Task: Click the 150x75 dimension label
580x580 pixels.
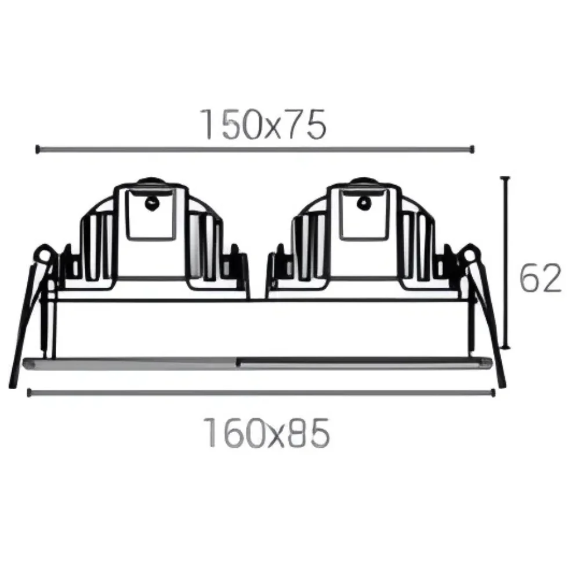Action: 263,124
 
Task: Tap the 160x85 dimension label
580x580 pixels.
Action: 266,433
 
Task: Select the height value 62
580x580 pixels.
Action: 540,278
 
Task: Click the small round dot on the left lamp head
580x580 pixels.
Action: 152,202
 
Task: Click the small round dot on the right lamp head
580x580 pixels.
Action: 364,202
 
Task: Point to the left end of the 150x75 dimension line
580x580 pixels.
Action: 37,150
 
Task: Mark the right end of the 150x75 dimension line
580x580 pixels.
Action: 472,150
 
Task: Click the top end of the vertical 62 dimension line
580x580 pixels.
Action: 505,178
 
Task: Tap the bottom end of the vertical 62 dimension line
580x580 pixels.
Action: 505,347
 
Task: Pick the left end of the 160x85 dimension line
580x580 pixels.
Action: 29,393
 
